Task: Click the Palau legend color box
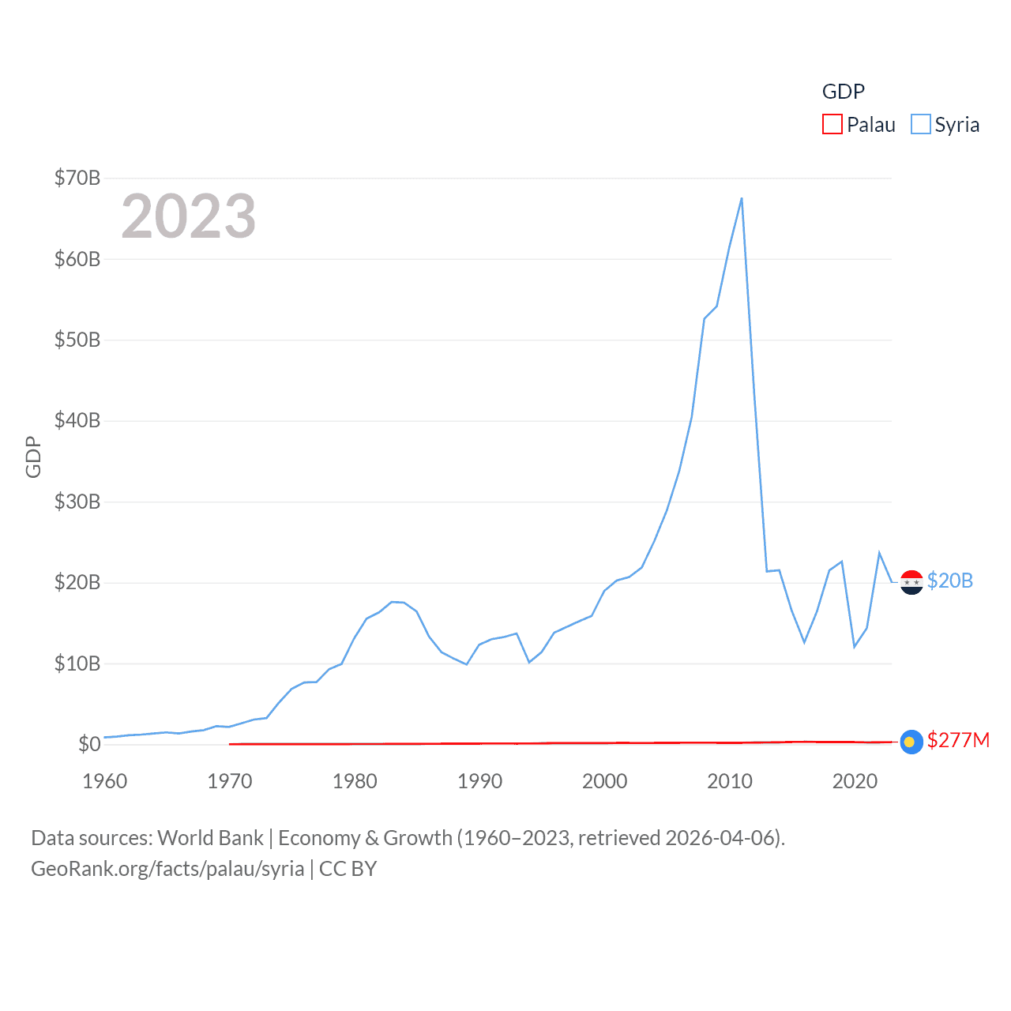(832, 124)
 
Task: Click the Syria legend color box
(920, 124)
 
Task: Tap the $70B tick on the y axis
(77, 178)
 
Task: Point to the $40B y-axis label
(77, 420)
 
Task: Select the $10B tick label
(77, 663)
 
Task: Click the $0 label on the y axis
(89, 744)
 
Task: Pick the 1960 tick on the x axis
(105, 781)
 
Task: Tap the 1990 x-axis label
(479, 781)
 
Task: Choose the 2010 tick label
(729, 781)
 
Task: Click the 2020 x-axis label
(855, 781)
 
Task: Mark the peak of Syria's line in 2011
(742, 198)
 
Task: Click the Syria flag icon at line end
(911, 582)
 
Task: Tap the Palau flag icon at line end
(911, 742)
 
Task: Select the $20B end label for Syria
(949, 581)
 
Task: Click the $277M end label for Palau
(958, 740)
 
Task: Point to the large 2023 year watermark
(189, 216)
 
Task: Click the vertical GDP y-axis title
(33, 457)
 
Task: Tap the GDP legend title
(844, 92)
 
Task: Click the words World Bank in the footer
(210, 837)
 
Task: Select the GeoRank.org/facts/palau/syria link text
(167, 869)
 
